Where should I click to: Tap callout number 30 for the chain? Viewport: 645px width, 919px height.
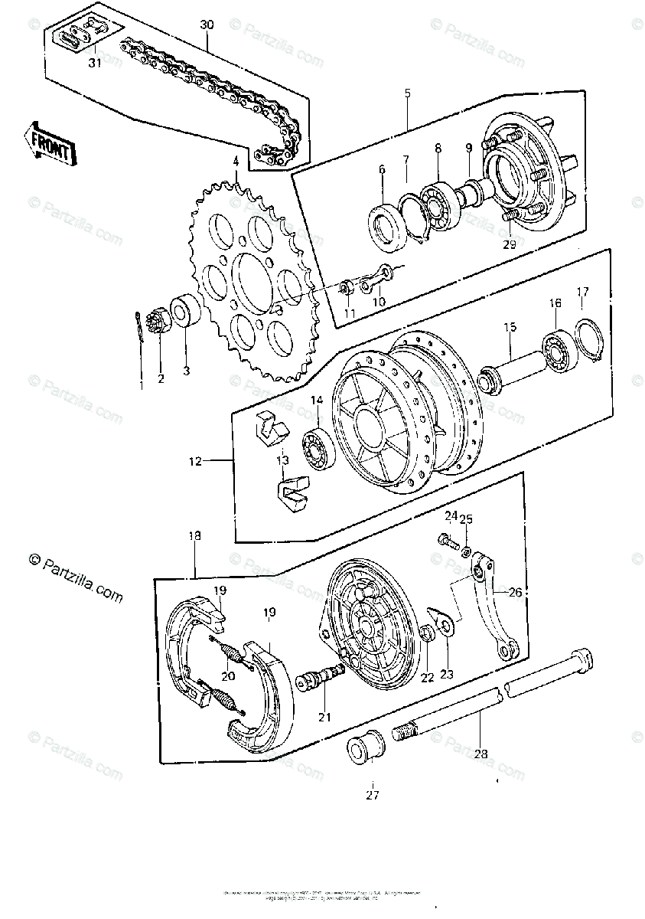(x=207, y=25)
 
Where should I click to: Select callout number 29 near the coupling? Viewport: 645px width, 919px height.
(x=509, y=245)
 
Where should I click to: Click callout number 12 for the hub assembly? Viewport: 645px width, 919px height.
(x=195, y=461)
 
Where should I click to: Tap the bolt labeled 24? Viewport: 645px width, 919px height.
(x=446, y=540)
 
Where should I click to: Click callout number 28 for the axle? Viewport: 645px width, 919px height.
(x=480, y=754)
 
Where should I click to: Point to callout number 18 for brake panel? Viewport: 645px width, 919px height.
(x=194, y=537)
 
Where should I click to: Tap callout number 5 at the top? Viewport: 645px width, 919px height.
(x=407, y=93)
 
